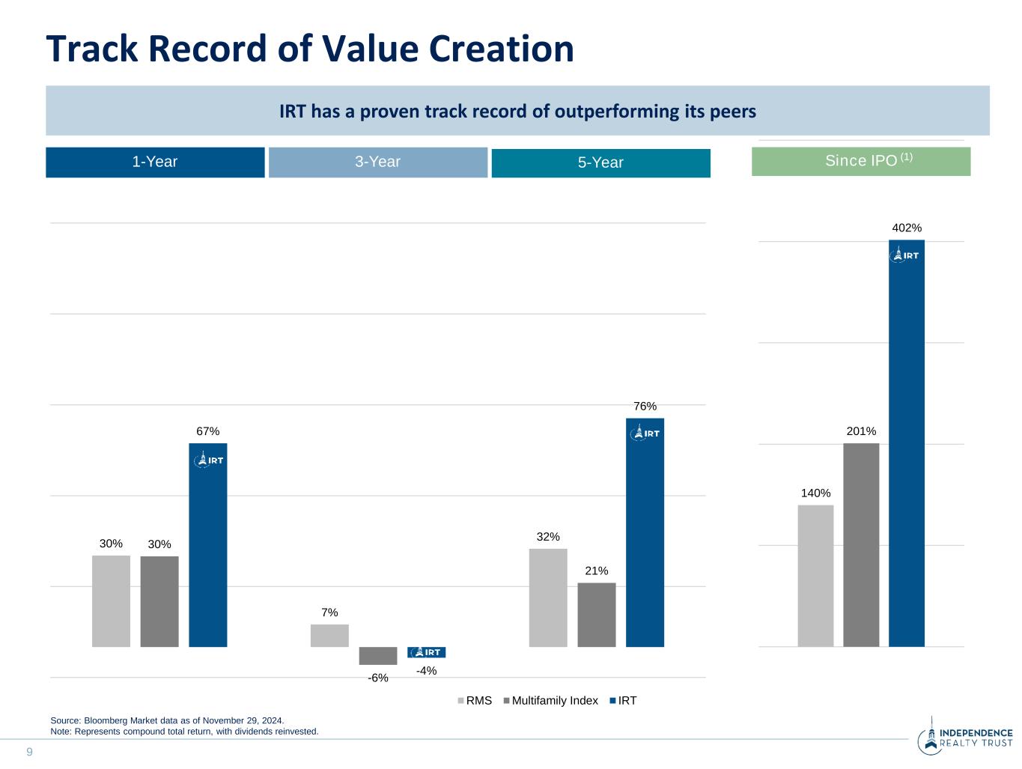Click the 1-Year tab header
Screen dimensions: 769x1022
point(155,162)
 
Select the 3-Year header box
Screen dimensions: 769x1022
point(377,162)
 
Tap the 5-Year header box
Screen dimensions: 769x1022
point(600,163)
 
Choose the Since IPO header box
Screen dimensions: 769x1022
point(861,161)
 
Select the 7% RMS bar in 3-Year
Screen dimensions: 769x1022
point(329,635)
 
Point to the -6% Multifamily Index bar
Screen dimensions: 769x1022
point(378,655)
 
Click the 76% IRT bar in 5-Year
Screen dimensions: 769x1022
point(645,532)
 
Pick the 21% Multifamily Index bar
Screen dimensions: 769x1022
point(597,615)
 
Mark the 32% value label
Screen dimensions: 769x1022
point(548,537)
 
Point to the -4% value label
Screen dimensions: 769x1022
point(426,671)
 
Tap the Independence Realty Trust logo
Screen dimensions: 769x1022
point(965,738)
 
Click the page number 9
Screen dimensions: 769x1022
point(30,752)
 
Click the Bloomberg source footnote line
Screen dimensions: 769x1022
point(167,720)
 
